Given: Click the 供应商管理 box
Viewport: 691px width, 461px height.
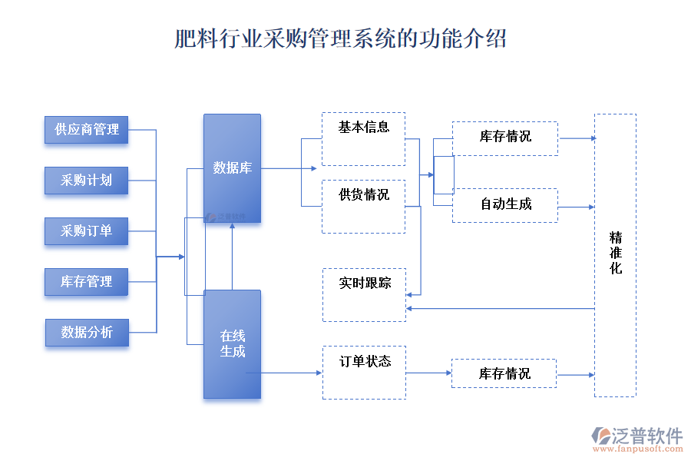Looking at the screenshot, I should tap(87, 129).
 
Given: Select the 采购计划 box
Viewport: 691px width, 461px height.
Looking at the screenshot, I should tap(87, 180).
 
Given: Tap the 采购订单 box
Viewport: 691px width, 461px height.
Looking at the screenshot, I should tap(87, 230).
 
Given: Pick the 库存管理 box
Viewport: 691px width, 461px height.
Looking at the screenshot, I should tap(87, 281).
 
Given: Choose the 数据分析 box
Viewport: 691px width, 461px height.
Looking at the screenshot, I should tap(87, 332).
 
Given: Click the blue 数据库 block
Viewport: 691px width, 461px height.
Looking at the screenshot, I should tap(232, 168).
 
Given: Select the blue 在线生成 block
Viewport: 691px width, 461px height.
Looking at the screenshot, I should tap(232, 343).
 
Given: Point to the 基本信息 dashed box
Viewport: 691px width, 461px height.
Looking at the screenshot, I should tap(363, 139).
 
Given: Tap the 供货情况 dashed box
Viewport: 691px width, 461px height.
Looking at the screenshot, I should tap(363, 206).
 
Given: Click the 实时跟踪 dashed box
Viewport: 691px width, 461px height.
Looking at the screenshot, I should tap(364, 294).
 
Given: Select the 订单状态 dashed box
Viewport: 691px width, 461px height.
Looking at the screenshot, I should tap(364, 372).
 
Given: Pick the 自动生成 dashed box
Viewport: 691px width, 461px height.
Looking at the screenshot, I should tap(504, 205).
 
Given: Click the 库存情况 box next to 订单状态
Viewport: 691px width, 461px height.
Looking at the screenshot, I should tap(504, 373).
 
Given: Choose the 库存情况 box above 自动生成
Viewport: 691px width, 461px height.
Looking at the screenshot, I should tap(504, 138).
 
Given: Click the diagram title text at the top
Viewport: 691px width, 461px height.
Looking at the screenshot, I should tap(340, 38).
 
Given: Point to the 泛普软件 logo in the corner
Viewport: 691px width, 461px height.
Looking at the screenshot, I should tap(637, 437).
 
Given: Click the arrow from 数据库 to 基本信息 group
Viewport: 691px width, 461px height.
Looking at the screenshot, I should tap(288, 168).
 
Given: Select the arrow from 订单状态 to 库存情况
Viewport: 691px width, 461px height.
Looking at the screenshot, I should tap(428, 373).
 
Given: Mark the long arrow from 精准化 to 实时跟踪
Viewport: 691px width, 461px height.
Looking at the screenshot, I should tap(499, 308).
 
